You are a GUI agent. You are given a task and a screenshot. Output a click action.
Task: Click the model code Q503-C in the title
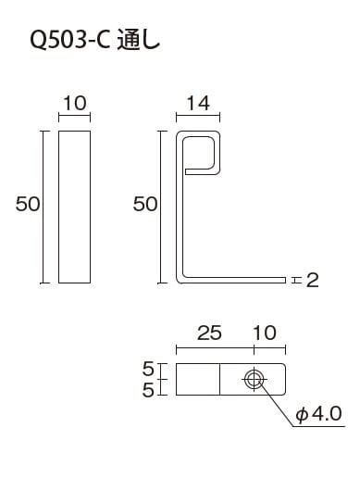70,41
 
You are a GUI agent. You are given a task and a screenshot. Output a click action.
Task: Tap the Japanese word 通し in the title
139,41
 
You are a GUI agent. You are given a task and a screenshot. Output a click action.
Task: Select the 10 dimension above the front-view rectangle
75,103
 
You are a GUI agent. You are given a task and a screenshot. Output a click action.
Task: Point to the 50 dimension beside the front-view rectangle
28,204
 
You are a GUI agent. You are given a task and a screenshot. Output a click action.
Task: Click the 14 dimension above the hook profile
198,103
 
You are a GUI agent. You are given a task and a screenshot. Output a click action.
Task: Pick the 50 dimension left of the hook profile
145,204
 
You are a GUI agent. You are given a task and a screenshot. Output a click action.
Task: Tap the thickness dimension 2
312,281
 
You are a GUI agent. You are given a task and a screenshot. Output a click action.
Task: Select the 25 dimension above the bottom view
209,333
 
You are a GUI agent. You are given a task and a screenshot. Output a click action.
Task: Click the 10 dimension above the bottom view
265,333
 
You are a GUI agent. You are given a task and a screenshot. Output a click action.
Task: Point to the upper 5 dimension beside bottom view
148,369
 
